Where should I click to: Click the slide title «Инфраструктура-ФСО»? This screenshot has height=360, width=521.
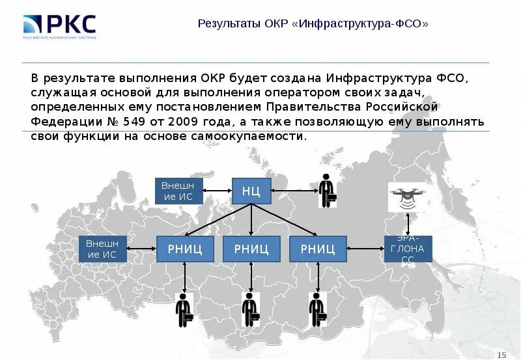tap(313, 23)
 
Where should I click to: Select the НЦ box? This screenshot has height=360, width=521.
tap(251, 191)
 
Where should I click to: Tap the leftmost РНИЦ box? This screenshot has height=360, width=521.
tap(184, 248)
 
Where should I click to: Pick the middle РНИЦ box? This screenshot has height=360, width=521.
tap(251, 248)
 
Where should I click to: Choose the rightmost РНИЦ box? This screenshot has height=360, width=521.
tap(318, 248)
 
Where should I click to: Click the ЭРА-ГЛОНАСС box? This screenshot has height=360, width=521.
tap(408, 248)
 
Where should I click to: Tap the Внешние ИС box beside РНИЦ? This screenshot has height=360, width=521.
tap(102, 248)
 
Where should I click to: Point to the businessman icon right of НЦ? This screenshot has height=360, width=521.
tap(327, 191)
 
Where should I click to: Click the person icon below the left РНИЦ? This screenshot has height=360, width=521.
tap(184, 310)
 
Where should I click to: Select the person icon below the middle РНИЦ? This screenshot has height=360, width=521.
tap(250, 310)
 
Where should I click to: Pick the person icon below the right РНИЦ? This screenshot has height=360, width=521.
tap(317, 310)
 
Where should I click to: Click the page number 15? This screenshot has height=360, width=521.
tap(501, 353)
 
